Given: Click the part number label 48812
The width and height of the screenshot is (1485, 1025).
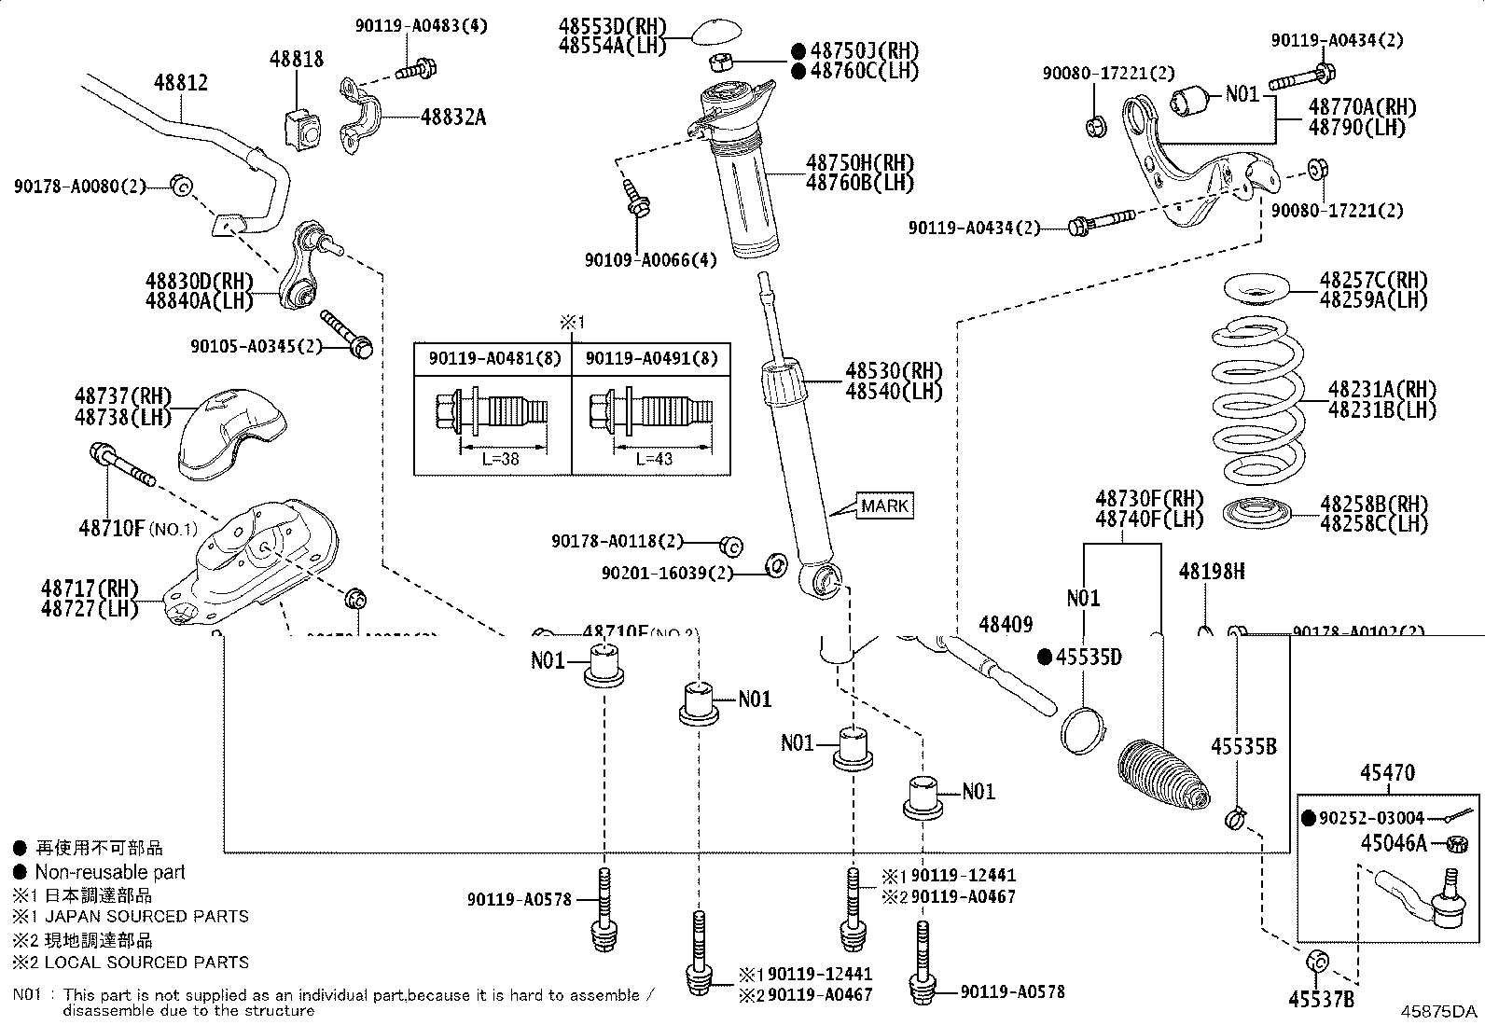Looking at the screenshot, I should pyautogui.click(x=181, y=83).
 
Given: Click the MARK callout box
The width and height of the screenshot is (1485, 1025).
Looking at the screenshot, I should pyautogui.click(x=884, y=506).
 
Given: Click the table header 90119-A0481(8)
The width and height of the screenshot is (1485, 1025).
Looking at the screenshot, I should pyautogui.click(x=494, y=358).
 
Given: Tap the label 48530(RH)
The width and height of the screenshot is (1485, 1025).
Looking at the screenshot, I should pyautogui.click(x=894, y=370).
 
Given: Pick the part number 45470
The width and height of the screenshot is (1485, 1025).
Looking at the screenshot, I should pyautogui.click(x=1386, y=773).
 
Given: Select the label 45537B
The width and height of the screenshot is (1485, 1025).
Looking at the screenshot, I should pyautogui.click(x=1321, y=1000).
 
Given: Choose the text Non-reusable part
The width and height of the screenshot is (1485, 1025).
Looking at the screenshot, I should pyautogui.click(x=110, y=872).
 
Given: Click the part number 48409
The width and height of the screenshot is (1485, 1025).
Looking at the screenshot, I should pyautogui.click(x=1006, y=625).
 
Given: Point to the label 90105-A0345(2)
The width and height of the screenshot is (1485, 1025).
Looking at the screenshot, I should pyautogui.click(x=257, y=346).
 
